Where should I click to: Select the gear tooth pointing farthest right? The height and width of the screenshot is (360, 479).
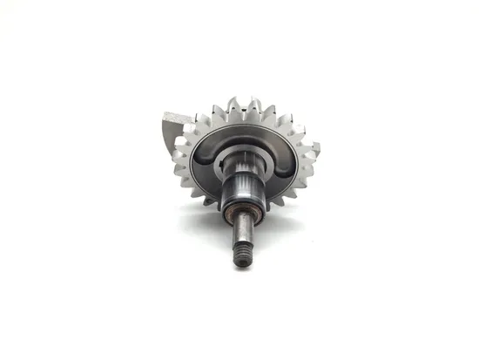[x=312, y=148]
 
